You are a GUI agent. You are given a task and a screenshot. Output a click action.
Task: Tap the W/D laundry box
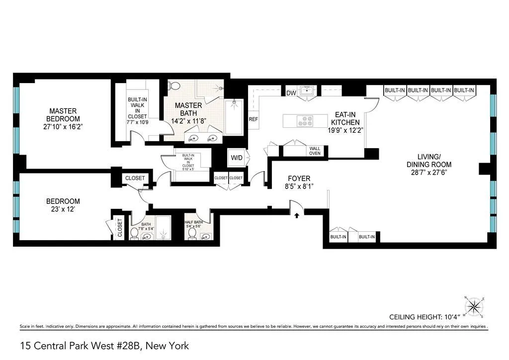click(x=236, y=158)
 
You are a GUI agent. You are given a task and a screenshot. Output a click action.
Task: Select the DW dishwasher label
click(x=291, y=92)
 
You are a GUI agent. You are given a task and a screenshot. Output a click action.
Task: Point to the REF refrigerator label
click(x=254, y=119)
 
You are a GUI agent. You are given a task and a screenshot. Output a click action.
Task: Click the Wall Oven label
click(x=315, y=151)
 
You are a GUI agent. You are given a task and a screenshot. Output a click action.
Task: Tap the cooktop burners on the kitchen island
click(x=304, y=120)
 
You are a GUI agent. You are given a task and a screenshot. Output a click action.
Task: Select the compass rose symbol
click(x=474, y=306)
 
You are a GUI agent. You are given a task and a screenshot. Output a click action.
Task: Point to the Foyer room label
click(x=299, y=179)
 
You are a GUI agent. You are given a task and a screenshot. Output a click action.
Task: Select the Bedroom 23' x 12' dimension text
click(x=63, y=210)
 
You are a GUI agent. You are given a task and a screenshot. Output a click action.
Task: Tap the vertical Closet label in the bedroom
click(x=120, y=228)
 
